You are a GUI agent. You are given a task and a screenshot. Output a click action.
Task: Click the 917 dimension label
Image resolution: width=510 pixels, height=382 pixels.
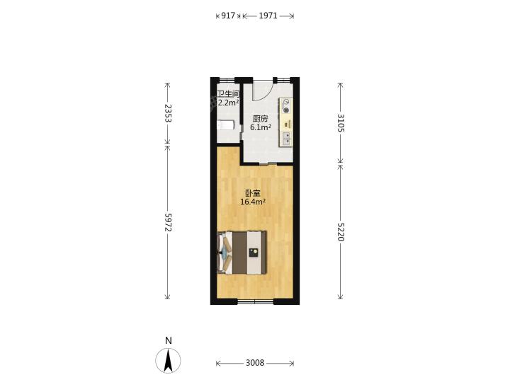pyautogui.click(x=228, y=16)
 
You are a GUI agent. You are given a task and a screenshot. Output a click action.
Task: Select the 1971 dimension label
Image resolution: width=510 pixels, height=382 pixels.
pyautogui.click(x=268, y=16)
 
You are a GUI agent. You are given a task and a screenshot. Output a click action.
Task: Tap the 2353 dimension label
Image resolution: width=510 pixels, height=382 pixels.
pyautogui.click(x=168, y=113)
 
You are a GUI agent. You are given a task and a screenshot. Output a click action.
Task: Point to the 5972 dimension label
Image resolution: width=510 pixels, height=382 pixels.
pyautogui.click(x=168, y=223)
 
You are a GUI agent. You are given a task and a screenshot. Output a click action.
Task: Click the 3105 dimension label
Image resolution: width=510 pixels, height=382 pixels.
pyautogui.click(x=341, y=123)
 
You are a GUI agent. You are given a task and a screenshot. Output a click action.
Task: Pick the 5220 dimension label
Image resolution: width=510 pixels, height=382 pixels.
pyautogui.click(x=341, y=232)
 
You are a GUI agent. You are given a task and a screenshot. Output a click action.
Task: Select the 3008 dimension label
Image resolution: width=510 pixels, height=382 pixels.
pyautogui.click(x=255, y=363)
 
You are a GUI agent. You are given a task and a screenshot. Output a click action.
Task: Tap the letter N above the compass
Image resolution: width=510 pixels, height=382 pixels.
pyautogui.click(x=168, y=340)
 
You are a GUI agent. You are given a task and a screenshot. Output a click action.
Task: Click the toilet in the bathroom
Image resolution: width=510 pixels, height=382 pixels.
pyautogui.click(x=225, y=125)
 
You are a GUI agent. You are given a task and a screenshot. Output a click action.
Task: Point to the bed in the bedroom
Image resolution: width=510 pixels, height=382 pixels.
pyautogui.click(x=242, y=253)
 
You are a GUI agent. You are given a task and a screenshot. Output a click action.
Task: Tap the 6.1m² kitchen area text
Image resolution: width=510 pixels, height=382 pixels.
pyautogui.click(x=261, y=127)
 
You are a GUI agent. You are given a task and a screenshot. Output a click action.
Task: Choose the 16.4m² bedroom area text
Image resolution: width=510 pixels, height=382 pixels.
pyautogui.click(x=253, y=202)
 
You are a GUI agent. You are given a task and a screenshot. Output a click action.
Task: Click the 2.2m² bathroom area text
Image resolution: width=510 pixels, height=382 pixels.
pyautogui.click(x=228, y=103)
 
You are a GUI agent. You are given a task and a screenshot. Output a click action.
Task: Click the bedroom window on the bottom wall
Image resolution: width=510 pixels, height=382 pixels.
pyautogui.click(x=255, y=301)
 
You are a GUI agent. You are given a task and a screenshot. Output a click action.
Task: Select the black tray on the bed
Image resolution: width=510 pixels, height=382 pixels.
pyautogui.click(x=254, y=253)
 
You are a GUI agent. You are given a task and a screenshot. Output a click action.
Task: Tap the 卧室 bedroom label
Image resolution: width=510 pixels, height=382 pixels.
pyautogui.click(x=253, y=194)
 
